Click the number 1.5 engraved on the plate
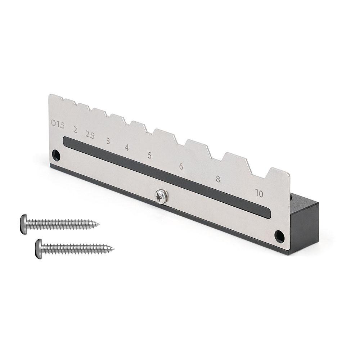[60, 126]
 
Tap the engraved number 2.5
[90, 135]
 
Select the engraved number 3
[108, 141]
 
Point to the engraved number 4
[127, 148]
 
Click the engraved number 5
[149, 156]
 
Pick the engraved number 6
[181, 167]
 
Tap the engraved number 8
[218, 179]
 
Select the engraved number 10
[259, 193]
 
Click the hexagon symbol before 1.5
[53, 123]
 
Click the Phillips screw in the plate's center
[160, 197]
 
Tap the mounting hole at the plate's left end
[55, 155]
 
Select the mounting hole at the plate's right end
[279, 236]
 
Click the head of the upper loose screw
[24, 224]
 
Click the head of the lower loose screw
[39, 249]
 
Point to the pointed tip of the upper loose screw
[98, 225]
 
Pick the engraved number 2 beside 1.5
[75, 130]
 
